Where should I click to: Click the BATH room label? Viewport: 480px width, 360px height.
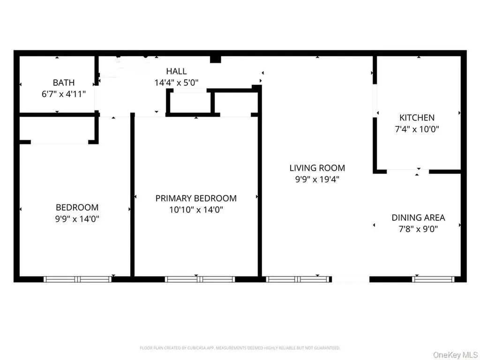[64, 82]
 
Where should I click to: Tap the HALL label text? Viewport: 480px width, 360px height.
[176, 71]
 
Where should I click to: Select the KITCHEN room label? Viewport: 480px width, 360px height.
[417, 118]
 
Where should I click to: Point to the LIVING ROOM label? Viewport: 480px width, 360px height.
[317, 168]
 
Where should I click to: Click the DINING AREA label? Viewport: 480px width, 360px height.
[418, 217]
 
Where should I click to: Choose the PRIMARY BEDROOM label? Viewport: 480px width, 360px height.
[196, 198]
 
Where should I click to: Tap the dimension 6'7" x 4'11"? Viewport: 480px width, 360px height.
[64, 94]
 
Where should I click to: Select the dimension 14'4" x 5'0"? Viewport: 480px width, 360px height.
[176, 82]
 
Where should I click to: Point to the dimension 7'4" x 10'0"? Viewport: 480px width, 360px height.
[417, 129]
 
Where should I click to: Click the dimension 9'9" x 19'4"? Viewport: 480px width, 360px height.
[317, 180]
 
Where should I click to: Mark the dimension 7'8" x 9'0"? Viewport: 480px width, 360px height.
[418, 229]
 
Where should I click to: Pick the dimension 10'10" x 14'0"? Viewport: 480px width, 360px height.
[196, 210]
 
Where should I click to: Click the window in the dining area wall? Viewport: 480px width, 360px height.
[433, 279]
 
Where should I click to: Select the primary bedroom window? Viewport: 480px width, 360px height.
[200, 279]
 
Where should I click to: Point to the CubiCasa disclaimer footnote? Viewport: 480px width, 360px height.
[240, 348]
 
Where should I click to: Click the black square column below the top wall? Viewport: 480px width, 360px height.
[216, 60]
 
